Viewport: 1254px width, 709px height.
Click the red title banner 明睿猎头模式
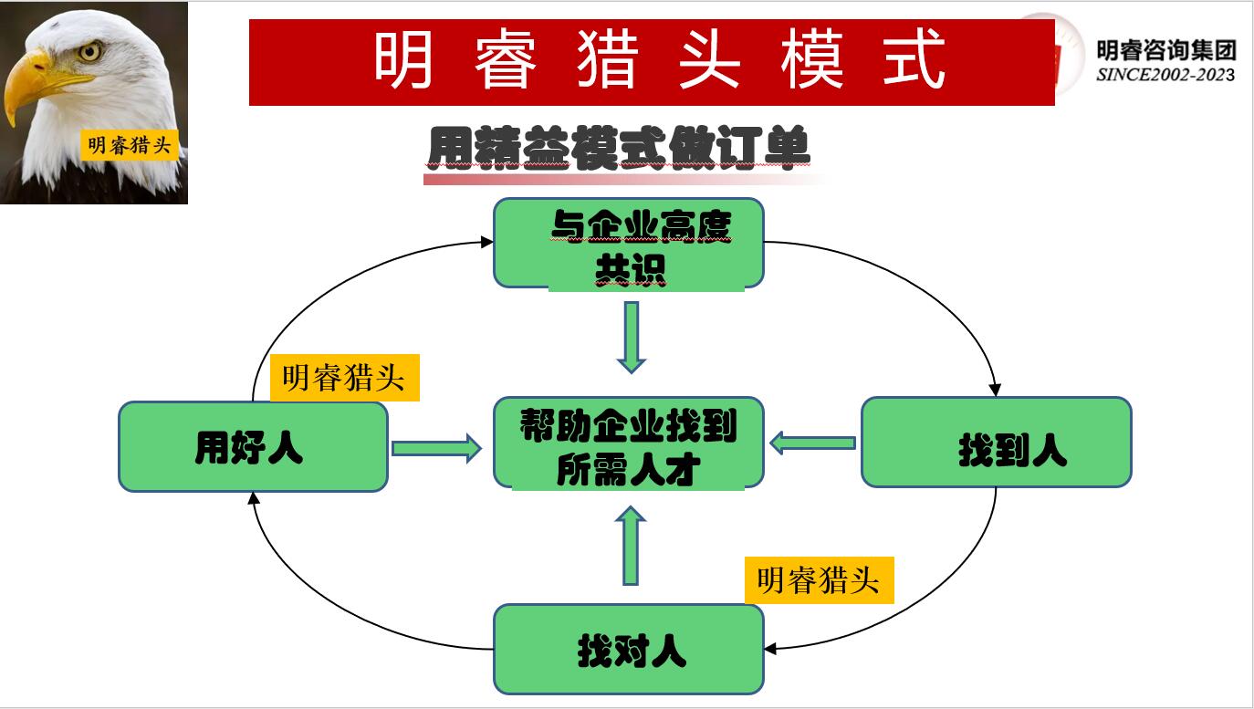pyautogui.click(x=652, y=62)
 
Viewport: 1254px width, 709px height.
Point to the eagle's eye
pyautogui.click(x=89, y=51)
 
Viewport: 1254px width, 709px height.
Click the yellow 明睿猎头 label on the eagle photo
pyautogui.click(x=129, y=144)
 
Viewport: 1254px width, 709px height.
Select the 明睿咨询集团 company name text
pyautogui.click(x=1165, y=51)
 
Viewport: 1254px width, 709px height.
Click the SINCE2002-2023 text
pyautogui.click(x=1165, y=75)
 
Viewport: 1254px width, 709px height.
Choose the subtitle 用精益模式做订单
pyautogui.click(x=619, y=148)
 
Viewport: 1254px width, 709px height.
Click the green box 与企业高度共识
pyautogui.click(x=628, y=244)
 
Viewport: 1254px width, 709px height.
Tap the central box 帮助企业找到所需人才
pyautogui.click(x=628, y=443)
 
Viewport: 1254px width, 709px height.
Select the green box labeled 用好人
pyautogui.click(x=253, y=447)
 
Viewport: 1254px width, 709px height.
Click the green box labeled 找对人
pyautogui.click(x=628, y=649)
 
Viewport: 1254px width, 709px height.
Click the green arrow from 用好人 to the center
pyautogui.click(x=436, y=447)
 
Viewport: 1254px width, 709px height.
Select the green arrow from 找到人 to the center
pyautogui.click(x=812, y=443)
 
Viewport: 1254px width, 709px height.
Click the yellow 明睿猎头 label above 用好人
pyautogui.click(x=344, y=378)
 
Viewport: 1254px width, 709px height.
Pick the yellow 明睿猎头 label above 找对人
pyautogui.click(x=819, y=580)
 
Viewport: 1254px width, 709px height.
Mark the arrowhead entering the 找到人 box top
pyautogui.click(x=996, y=389)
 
